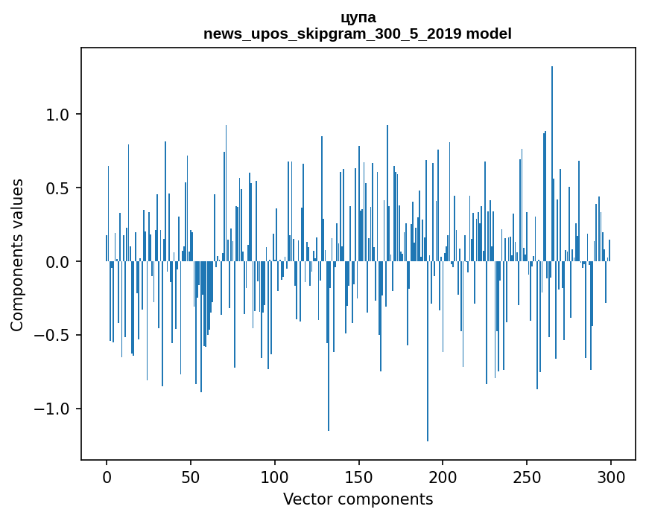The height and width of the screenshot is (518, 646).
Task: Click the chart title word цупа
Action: (x=358, y=18)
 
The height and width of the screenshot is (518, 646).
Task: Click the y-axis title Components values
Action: (x=17, y=255)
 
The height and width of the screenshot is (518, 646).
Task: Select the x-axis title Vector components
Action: (x=358, y=499)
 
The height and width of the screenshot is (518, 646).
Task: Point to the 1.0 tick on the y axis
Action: (x=57, y=115)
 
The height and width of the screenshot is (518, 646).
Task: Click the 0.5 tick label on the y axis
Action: (x=57, y=188)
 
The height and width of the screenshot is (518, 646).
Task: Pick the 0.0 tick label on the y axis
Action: (x=57, y=262)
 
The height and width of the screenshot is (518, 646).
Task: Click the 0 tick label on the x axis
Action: (x=107, y=476)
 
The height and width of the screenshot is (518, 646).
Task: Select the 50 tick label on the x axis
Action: (x=191, y=476)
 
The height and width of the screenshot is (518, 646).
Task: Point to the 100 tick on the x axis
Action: (x=275, y=476)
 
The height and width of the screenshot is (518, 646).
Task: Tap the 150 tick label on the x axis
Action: (x=359, y=476)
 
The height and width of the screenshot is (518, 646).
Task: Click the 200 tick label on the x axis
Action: (x=443, y=476)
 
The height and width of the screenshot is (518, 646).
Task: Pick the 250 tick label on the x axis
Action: (x=527, y=476)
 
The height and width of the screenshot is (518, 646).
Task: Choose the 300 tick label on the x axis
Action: (x=611, y=476)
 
